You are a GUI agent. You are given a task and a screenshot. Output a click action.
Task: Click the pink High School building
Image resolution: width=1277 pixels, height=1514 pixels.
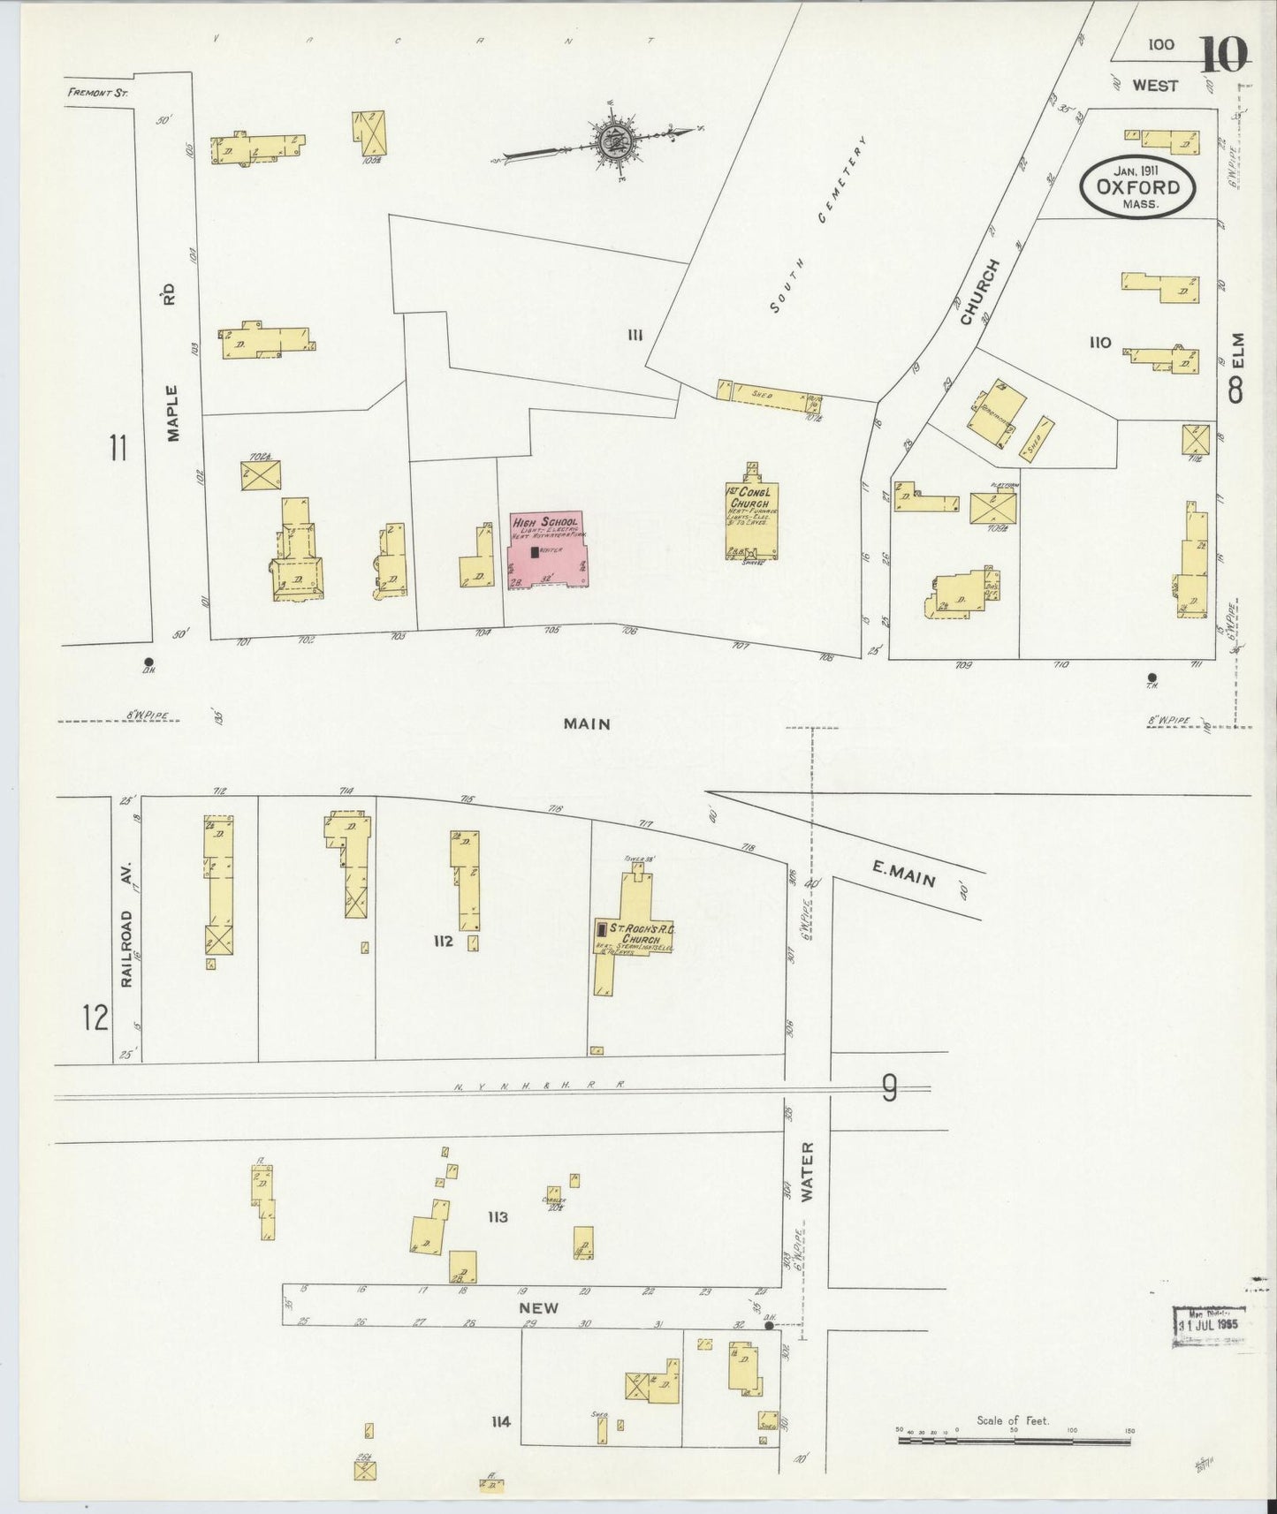[x=549, y=550]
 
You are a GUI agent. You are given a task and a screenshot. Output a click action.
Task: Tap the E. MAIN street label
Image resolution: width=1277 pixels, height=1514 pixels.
[x=902, y=874]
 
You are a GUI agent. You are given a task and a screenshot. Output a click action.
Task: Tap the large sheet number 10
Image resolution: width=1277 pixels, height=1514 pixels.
[x=1224, y=55]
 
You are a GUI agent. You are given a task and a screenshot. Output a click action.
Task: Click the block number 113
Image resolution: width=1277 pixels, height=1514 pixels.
[x=498, y=1217]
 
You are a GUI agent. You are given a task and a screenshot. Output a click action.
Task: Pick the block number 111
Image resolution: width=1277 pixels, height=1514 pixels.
[x=634, y=334]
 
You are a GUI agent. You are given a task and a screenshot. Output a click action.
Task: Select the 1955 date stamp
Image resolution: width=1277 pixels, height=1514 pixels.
[x=1208, y=1325]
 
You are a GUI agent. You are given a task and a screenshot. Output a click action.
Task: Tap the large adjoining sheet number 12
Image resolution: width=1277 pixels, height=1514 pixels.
[x=95, y=1018]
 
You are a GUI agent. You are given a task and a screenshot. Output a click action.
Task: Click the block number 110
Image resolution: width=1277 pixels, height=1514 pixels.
[x=1099, y=342]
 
